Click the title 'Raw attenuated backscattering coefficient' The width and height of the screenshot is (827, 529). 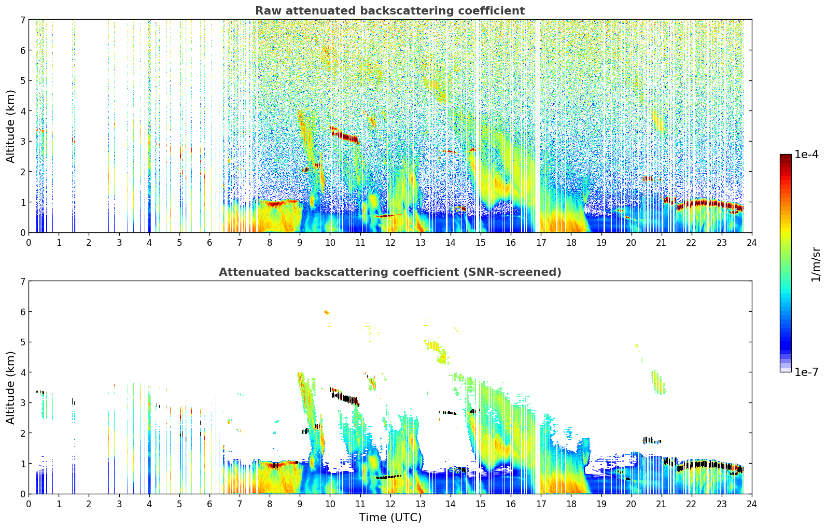(x=389, y=11)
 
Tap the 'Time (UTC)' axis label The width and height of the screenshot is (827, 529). (x=390, y=517)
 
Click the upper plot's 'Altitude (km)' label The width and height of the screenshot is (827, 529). (x=11, y=126)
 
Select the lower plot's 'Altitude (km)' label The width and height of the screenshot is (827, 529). (x=11, y=387)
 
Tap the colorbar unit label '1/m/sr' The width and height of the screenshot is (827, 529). (x=816, y=264)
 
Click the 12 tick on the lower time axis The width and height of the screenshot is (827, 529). (x=390, y=504)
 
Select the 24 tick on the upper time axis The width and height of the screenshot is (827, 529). (x=751, y=242)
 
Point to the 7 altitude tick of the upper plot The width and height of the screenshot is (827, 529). (x=22, y=20)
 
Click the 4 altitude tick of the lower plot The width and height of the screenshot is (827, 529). (x=22, y=372)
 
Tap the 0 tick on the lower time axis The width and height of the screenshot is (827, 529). (x=29, y=504)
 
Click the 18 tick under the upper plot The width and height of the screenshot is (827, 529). (x=571, y=242)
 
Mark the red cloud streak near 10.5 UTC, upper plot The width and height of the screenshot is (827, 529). (x=345, y=136)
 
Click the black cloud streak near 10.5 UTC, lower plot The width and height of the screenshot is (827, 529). (x=345, y=398)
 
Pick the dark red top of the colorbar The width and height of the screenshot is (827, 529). (x=786, y=157)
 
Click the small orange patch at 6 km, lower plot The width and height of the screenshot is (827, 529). (x=326, y=312)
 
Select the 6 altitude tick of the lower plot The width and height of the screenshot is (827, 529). (x=22, y=312)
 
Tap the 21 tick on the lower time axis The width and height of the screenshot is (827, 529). (x=661, y=504)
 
